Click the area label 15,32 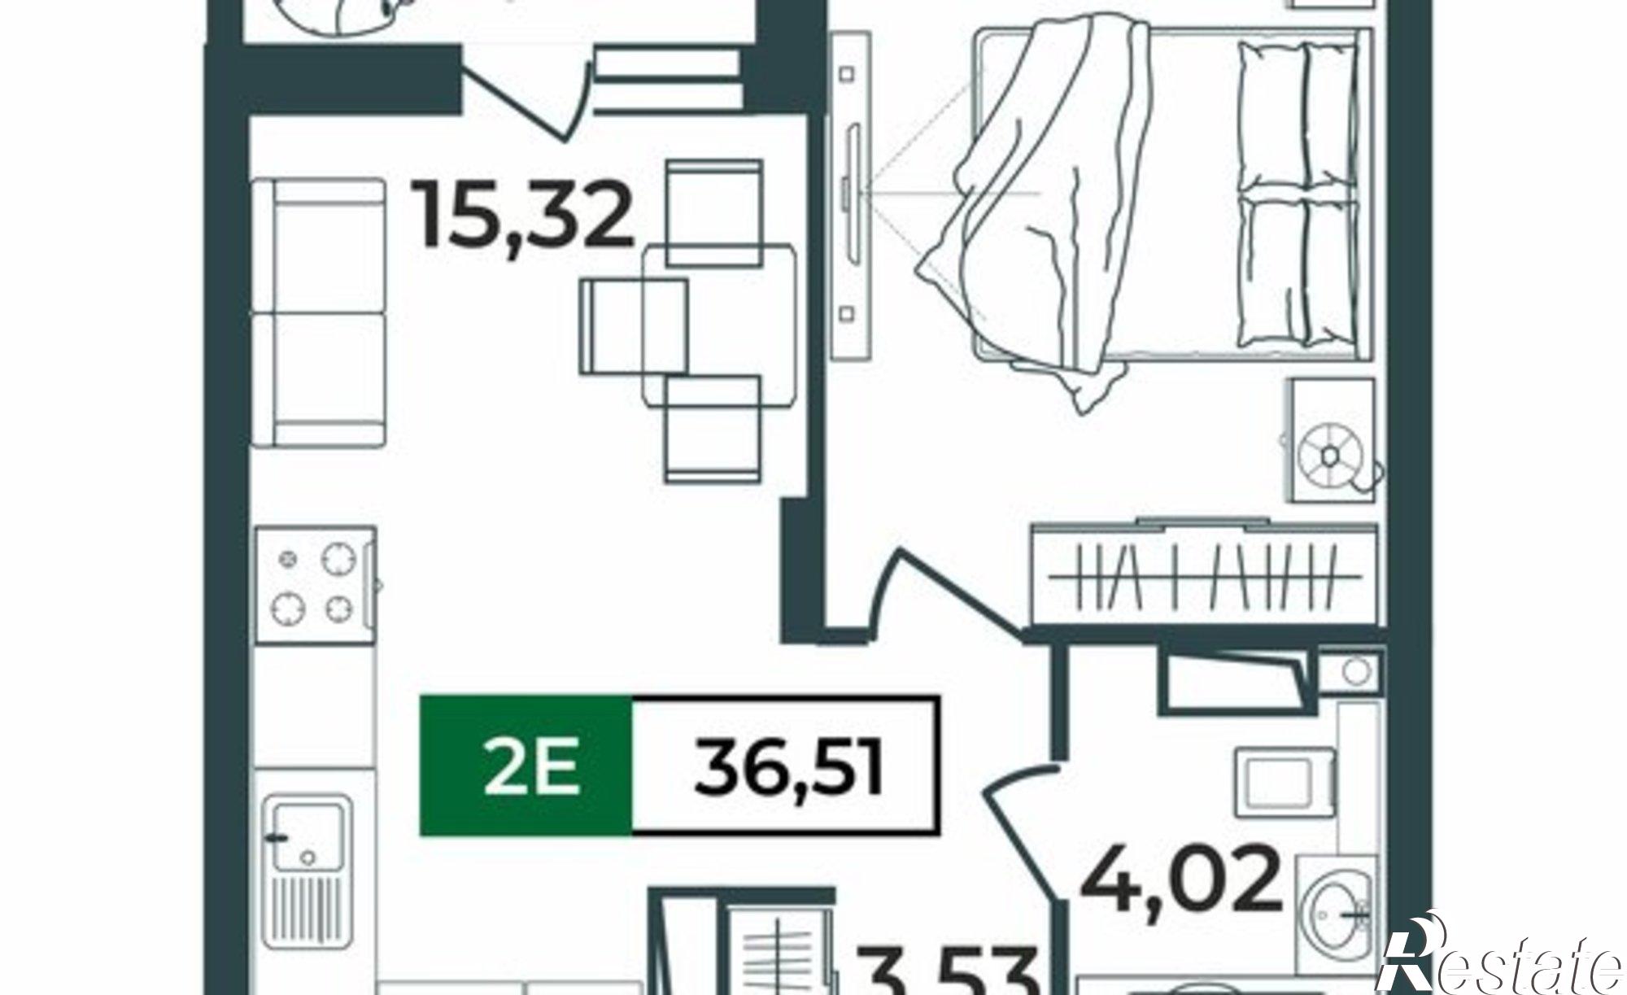[525, 215]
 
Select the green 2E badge [526, 766]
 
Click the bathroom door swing [1021, 830]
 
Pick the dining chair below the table [713, 428]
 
